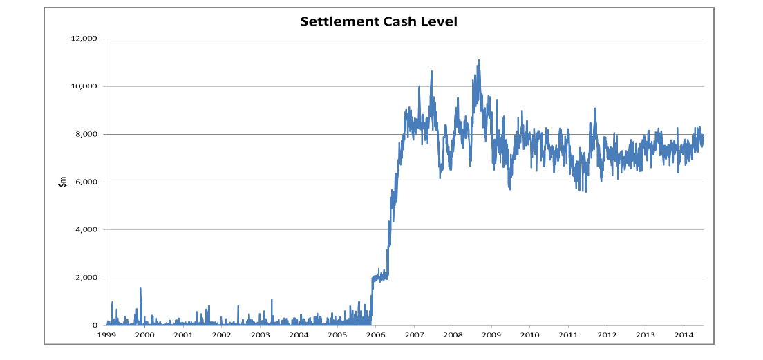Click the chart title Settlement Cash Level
click(x=379, y=21)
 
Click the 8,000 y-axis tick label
click(x=87, y=134)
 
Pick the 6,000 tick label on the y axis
click(x=87, y=182)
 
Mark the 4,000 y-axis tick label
click(x=87, y=229)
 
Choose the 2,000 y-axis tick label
click(x=87, y=278)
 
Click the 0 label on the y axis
click(x=95, y=325)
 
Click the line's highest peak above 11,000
click(x=478, y=60)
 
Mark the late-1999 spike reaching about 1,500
click(x=140, y=289)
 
